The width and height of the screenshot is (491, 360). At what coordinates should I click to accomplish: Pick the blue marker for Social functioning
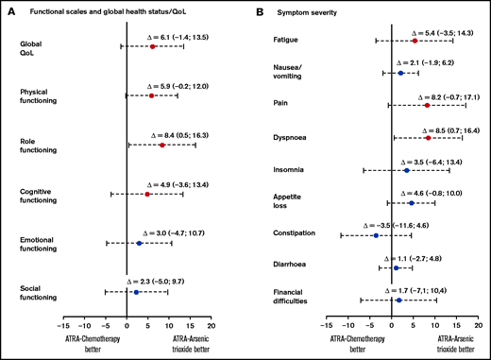tap(137, 292)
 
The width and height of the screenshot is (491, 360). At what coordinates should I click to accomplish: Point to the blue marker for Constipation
tap(376, 235)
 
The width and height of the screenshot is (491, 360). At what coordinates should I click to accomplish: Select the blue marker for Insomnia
tap(407, 170)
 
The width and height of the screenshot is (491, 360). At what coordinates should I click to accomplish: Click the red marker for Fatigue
tap(415, 41)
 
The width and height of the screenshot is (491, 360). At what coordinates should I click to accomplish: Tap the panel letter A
tap(8, 11)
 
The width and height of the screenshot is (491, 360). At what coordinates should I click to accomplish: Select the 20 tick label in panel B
tap(477, 322)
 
